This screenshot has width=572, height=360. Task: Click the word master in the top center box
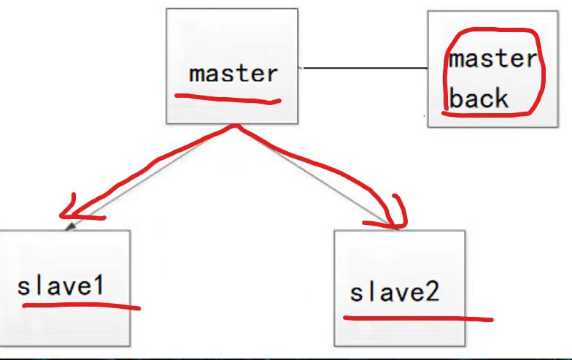coord(233,73)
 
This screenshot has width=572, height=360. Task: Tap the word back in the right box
coord(479,98)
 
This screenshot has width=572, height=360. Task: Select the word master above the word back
coord(493,58)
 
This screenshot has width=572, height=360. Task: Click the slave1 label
coord(61,286)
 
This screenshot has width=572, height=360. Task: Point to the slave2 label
coord(395,292)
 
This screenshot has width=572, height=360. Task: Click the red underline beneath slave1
coord(82,306)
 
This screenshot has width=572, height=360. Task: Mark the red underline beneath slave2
coord(418,319)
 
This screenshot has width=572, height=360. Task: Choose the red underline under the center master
coord(228,99)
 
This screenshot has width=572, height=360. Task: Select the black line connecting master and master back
coord(365,68)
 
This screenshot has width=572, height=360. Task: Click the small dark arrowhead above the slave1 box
coord(70,226)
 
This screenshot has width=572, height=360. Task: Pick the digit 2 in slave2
coord(433,292)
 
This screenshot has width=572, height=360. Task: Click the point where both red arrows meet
coord(236,126)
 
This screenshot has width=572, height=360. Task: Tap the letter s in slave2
coord(356,294)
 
